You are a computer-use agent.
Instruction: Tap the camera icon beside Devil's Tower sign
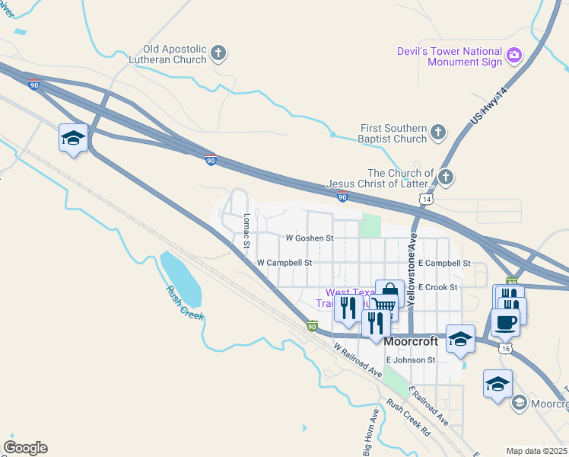pos(514,54)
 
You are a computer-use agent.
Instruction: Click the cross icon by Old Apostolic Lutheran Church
pos(218,53)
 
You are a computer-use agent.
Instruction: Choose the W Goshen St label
pos(310,238)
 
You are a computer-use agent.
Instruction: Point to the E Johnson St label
pos(410,360)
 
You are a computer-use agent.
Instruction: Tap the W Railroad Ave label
pos(357,360)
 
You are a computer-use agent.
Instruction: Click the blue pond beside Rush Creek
pos(180,276)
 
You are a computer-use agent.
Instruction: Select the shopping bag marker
pos(389,292)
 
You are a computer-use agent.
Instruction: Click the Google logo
pos(25,448)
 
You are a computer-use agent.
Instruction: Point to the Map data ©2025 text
pos(536,451)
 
